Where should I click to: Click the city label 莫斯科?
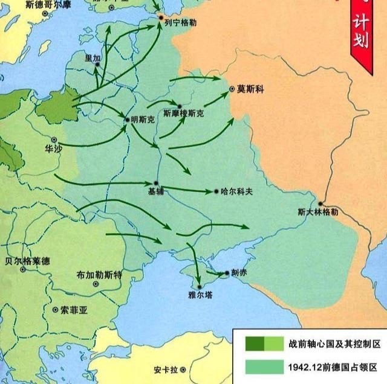click(x=250, y=89)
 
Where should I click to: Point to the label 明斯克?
click(x=143, y=120)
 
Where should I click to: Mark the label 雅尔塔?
click(x=200, y=295)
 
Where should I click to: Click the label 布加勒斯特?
click(x=100, y=274)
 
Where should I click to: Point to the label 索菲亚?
click(x=74, y=310)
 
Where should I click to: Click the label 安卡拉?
click(x=165, y=369)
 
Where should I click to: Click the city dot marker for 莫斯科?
click(x=232, y=89)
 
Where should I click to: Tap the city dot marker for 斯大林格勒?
click(x=319, y=203)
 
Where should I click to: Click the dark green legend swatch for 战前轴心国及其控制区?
click(x=255, y=343)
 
